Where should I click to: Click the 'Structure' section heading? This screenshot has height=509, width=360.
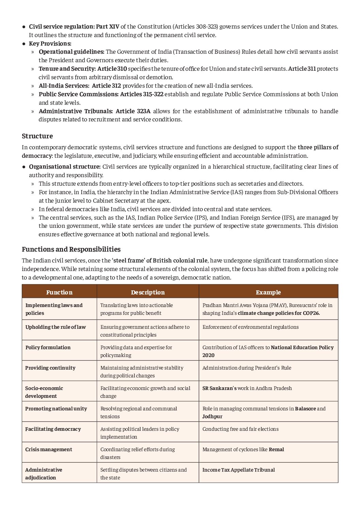tap(37, 136)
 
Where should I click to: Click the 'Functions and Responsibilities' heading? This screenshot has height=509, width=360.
tap(71, 249)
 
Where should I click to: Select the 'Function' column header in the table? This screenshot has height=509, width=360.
tap(59, 292)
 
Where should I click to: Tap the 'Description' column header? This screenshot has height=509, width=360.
tap(148, 292)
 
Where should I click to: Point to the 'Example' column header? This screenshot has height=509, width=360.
tap(268, 292)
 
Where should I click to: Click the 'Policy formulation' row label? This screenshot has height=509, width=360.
tap(48, 347)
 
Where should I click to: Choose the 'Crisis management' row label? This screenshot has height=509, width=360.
tap(49, 449)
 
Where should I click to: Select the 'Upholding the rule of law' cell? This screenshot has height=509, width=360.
tap(55, 327)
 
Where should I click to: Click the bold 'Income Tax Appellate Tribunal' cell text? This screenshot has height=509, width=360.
tap(239, 470)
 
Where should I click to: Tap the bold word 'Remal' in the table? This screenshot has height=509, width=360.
tap(276, 449)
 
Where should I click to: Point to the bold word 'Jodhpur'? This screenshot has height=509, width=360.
tap(212, 416)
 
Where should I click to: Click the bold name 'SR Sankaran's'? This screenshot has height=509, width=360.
tap(219, 388)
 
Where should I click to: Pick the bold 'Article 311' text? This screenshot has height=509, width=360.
tap(302, 69)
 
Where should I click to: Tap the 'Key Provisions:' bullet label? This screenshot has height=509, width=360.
tap(50, 44)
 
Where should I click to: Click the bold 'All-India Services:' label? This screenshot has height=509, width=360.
tap(64, 86)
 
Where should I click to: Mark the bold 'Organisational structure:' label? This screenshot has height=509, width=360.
tap(65, 167)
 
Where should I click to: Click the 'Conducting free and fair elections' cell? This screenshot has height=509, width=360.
tap(240, 429)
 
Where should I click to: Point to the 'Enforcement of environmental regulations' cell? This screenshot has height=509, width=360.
tap(250, 327)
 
